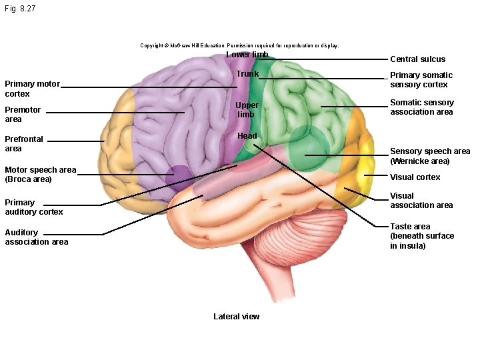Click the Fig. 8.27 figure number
point(20,9)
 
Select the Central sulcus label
point(417,59)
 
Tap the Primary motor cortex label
point(32,89)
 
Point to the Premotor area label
point(23,114)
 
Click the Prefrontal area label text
point(24,143)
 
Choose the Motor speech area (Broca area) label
point(41,174)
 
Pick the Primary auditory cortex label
point(34,207)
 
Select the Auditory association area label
point(37,237)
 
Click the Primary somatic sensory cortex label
point(421,79)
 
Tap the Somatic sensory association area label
point(422,107)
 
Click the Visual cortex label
point(415,177)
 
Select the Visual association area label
point(421,200)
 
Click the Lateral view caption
point(236,316)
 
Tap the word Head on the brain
point(247,135)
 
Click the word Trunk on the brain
point(247,74)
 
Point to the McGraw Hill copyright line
point(239,45)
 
